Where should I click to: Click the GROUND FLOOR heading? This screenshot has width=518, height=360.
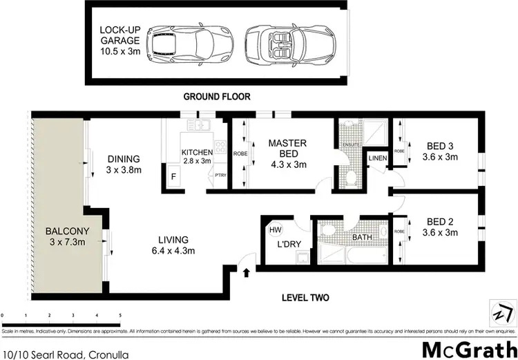(x=216, y=97)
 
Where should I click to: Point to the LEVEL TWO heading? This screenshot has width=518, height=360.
(x=305, y=299)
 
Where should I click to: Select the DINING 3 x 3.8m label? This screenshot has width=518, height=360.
(x=124, y=163)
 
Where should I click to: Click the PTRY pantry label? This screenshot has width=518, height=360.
(x=221, y=176)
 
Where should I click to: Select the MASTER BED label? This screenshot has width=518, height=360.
(x=285, y=154)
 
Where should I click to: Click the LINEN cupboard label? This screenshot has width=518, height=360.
(x=377, y=158)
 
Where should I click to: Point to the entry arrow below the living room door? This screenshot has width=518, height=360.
(x=247, y=273)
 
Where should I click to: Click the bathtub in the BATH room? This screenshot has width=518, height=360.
(x=362, y=256)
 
